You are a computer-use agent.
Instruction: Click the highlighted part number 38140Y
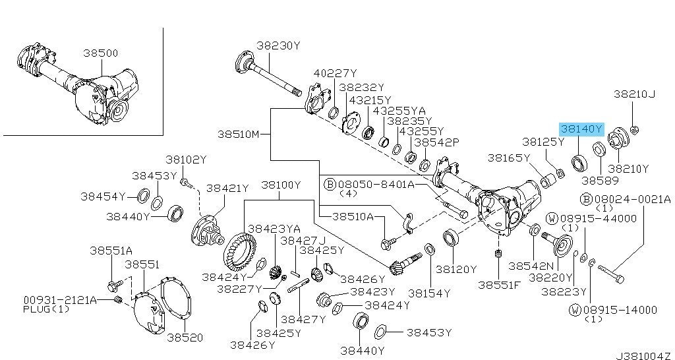point(582,129)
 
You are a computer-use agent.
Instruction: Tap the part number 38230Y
point(278,45)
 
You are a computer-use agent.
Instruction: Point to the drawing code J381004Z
point(644,354)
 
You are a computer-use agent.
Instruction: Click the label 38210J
point(634,94)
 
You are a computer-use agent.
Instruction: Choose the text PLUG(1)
point(46,309)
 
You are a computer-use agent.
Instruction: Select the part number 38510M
point(239,134)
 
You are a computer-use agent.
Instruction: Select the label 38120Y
point(455,269)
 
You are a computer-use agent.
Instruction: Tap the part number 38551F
point(499,285)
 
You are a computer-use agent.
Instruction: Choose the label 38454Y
point(103,196)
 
